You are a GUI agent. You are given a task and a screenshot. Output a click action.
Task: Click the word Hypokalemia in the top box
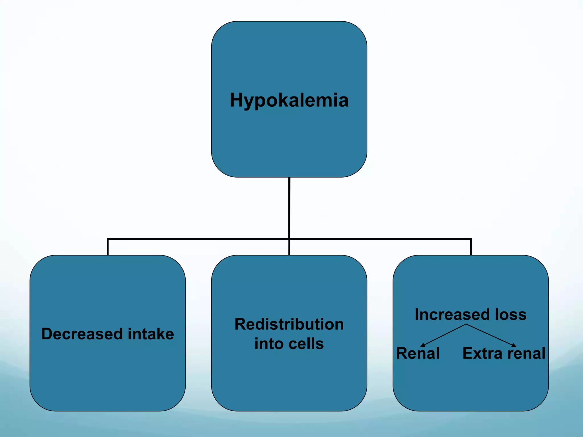click(289, 100)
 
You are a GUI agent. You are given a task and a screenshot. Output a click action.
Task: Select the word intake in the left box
click(151, 334)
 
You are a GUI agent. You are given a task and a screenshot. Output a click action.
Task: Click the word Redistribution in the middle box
click(289, 324)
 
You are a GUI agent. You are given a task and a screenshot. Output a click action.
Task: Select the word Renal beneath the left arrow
click(418, 353)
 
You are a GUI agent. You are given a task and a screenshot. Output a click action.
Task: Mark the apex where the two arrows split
click(466, 324)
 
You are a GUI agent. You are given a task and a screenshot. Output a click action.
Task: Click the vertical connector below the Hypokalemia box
click(289, 208)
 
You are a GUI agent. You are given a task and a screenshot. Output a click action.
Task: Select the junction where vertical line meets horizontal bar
click(289, 239)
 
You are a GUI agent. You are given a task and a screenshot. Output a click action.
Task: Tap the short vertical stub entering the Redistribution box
click(289, 248)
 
